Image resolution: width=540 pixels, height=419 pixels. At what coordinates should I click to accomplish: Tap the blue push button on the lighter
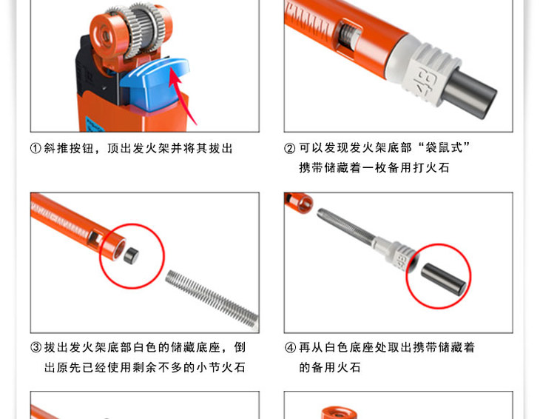pyautogui.click(x=155, y=84)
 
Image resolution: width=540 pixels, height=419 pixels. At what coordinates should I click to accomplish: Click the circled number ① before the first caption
pyautogui.click(x=36, y=149)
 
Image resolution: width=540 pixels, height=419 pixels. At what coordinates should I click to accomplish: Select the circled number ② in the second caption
pyautogui.click(x=290, y=149)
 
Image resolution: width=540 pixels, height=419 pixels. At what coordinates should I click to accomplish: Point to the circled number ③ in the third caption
pyautogui.click(x=36, y=347)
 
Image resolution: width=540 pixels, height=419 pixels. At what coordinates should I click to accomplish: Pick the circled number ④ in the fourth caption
pyautogui.click(x=290, y=347)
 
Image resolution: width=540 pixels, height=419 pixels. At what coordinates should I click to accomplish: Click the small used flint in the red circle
pyautogui.click(x=131, y=255)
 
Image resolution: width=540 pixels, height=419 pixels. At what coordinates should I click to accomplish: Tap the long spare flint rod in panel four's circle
pyautogui.click(x=445, y=279)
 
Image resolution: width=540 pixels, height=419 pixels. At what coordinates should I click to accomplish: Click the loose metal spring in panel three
pyautogui.click(x=212, y=298)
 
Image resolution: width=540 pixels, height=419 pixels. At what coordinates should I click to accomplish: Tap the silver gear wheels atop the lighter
pyautogui.click(x=140, y=30)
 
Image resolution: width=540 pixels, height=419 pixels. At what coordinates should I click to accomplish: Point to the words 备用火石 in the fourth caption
pyautogui.click(x=336, y=367)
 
